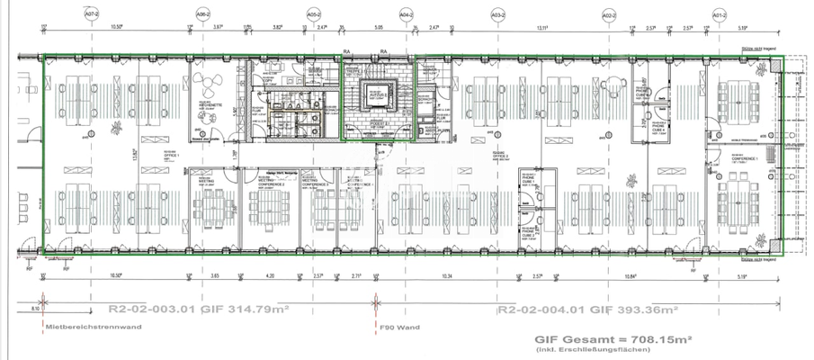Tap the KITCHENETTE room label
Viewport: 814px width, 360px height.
[209, 106]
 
